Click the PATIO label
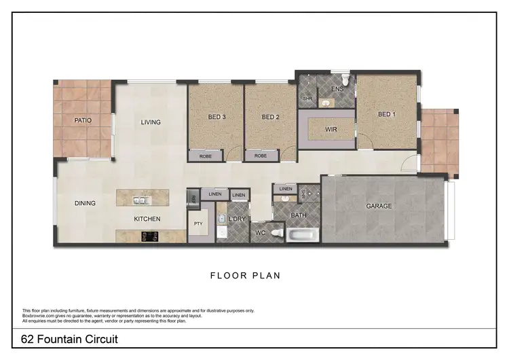click(83, 120)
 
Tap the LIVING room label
click(151, 122)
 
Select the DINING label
click(85, 203)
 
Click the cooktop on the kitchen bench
click(149, 236)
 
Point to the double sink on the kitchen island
click(141, 200)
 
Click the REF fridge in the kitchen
click(193, 198)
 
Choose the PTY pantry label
click(199, 223)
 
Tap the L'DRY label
click(237, 219)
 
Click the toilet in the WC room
click(275, 234)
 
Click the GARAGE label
click(379, 206)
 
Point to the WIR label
click(331, 129)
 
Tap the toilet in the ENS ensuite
click(346, 83)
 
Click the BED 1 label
click(386, 114)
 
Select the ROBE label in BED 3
click(206, 156)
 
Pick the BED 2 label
click(271, 117)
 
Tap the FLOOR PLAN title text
click(245, 276)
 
